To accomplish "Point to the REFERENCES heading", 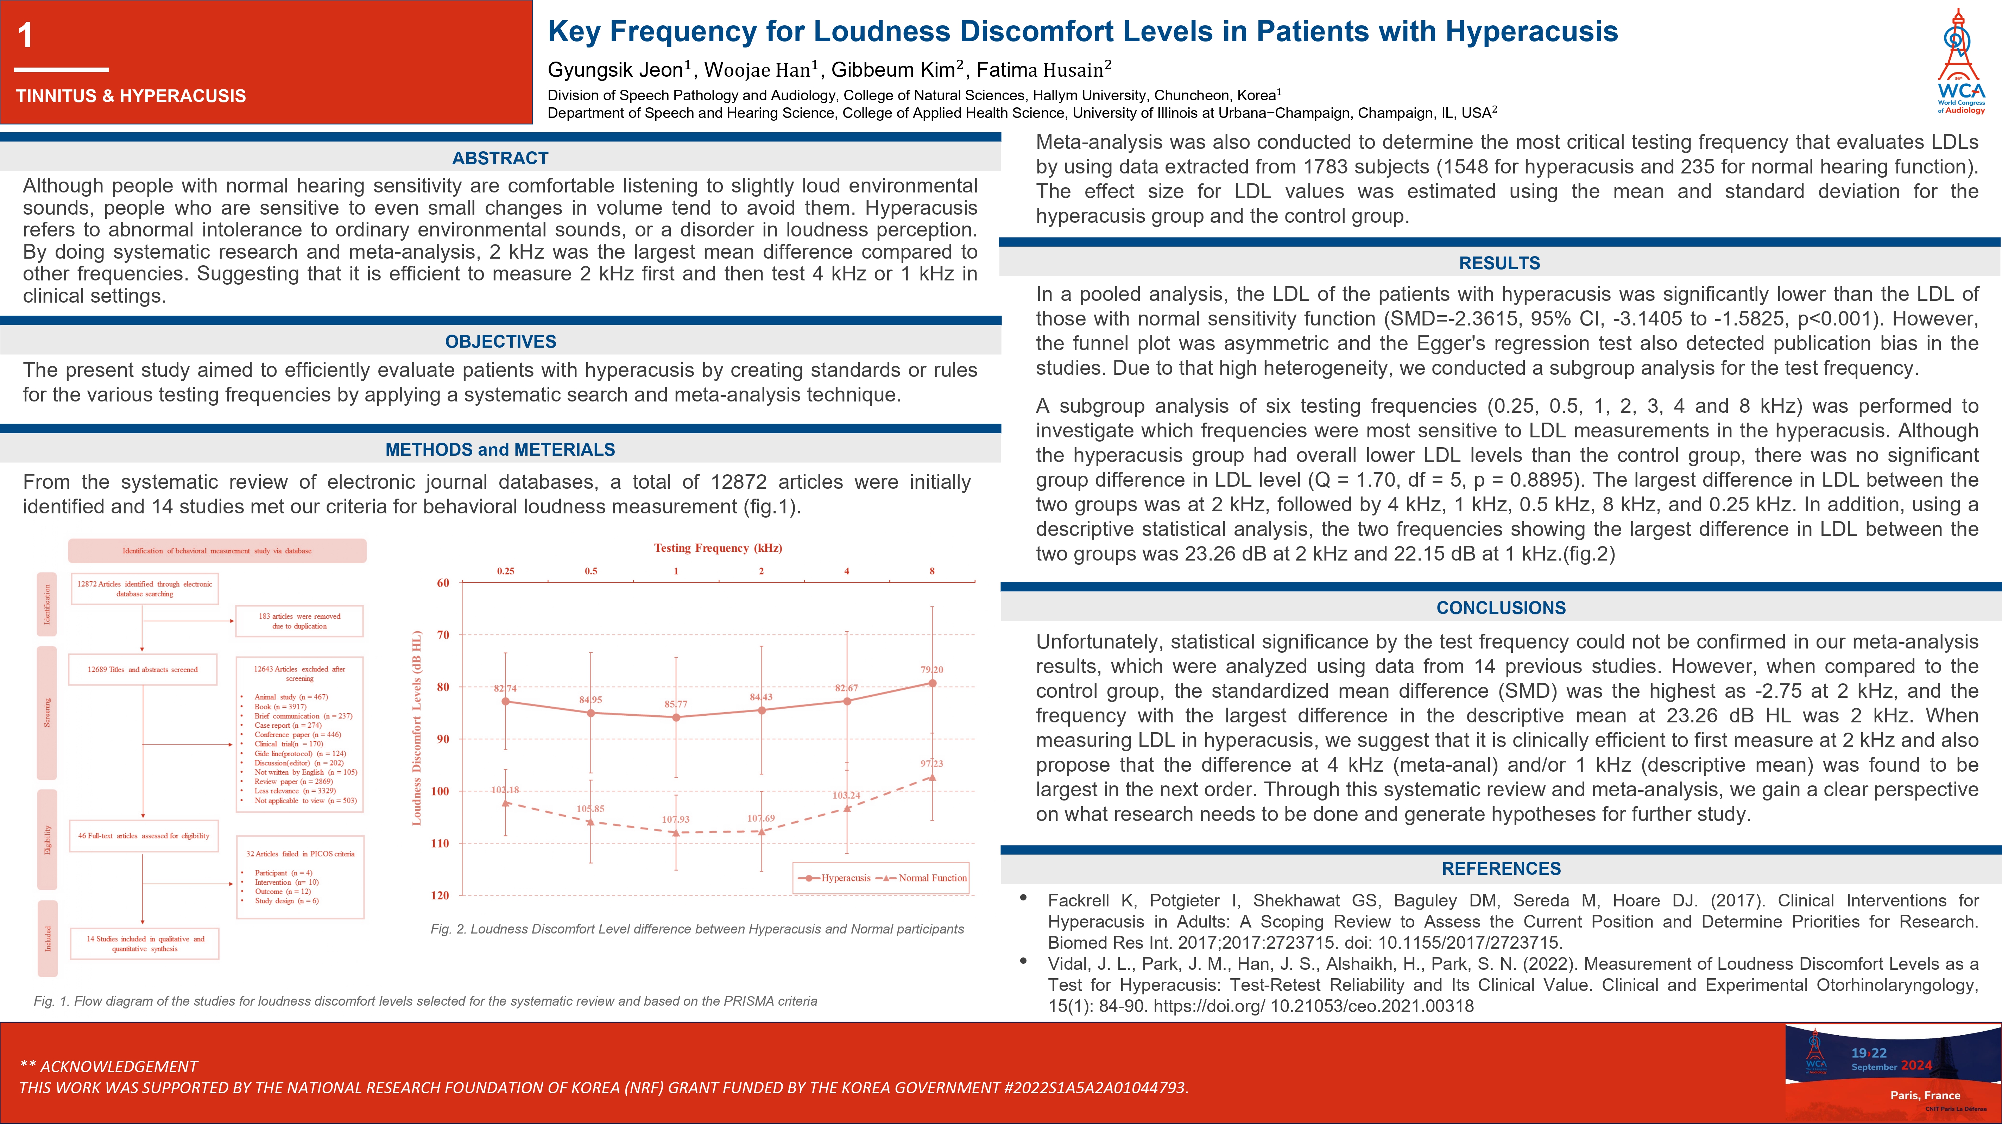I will click(x=1501, y=869).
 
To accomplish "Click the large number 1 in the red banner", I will click(x=26, y=36).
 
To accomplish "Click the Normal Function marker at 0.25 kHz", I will click(x=506, y=803).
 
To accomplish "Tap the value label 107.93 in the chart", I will click(x=675, y=819).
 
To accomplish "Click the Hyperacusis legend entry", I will click(x=835, y=878).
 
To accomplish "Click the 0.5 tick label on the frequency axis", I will click(x=591, y=571).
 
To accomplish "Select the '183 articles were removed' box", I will click(x=299, y=621).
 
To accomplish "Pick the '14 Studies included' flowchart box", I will click(x=145, y=943).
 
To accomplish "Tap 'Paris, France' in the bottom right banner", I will click(x=1924, y=1095).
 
